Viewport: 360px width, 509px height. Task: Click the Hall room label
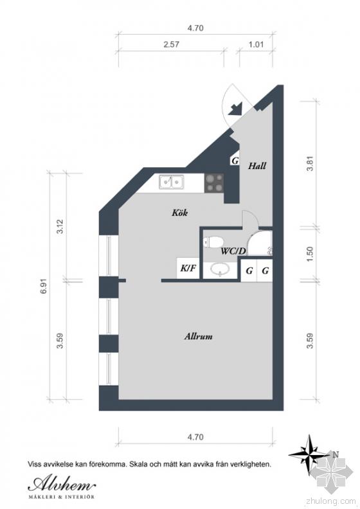click(x=257, y=166)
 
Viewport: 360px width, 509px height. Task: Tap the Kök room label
click(x=180, y=213)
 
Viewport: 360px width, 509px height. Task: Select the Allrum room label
click(x=199, y=336)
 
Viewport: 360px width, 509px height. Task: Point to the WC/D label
click(x=233, y=251)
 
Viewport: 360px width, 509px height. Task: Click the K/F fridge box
click(x=188, y=267)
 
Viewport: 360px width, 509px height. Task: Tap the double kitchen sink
click(x=171, y=182)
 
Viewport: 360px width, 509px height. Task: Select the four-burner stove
click(x=214, y=183)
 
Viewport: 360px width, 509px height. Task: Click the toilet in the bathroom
click(x=213, y=242)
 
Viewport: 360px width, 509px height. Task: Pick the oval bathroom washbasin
click(x=221, y=269)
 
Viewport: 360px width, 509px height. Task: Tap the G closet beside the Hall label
click(x=235, y=161)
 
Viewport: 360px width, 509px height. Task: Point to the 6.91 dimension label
click(x=44, y=286)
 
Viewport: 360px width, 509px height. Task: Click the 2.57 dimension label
click(x=171, y=44)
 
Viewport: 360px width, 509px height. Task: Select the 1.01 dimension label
click(x=256, y=44)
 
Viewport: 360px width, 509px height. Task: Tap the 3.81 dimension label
click(x=310, y=163)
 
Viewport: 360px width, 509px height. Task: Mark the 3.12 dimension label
click(x=60, y=227)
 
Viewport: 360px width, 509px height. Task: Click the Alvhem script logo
click(x=62, y=485)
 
